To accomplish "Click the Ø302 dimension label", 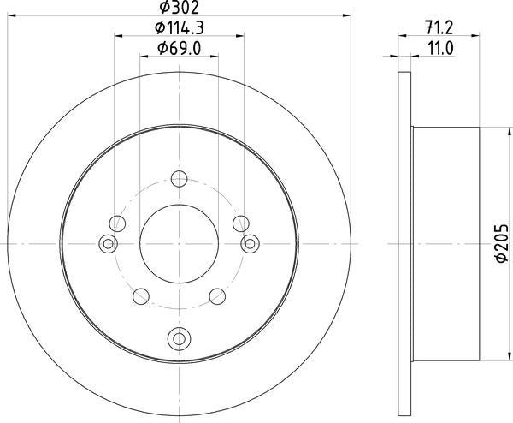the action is tap(179, 7).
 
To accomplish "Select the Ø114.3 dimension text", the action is tap(180, 28).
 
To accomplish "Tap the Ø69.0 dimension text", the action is tap(179, 49).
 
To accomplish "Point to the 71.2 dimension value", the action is tap(439, 28).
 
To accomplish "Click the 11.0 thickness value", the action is tap(440, 49).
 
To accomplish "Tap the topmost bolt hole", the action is tap(179, 179).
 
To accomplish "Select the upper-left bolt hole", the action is tap(117, 223).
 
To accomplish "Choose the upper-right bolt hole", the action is tap(241, 223).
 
